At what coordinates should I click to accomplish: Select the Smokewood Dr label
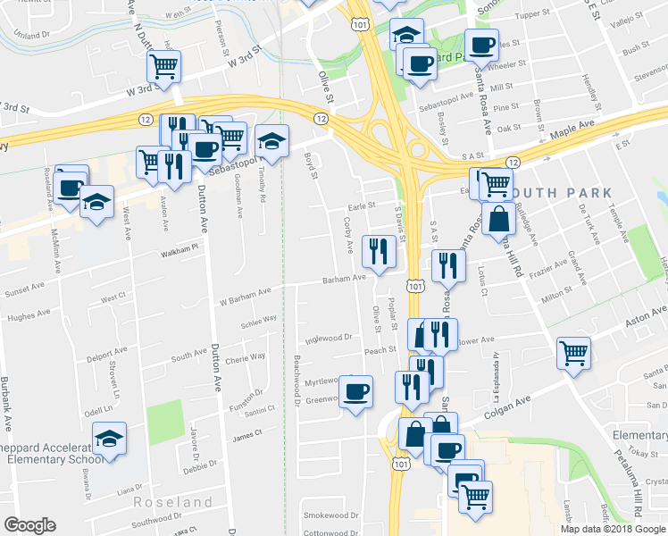[330, 515]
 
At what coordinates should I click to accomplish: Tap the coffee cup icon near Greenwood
[356, 391]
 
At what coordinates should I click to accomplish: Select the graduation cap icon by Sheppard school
[109, 439]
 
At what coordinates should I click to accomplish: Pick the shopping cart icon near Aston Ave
[572, 352]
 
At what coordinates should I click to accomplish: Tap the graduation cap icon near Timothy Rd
[272, 140]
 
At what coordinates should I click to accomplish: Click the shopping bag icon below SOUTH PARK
[497, 217]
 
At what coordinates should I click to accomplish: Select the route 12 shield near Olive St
[321, 118]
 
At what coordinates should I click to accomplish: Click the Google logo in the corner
[29, 525]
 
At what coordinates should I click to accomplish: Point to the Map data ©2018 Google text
[613, 528]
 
